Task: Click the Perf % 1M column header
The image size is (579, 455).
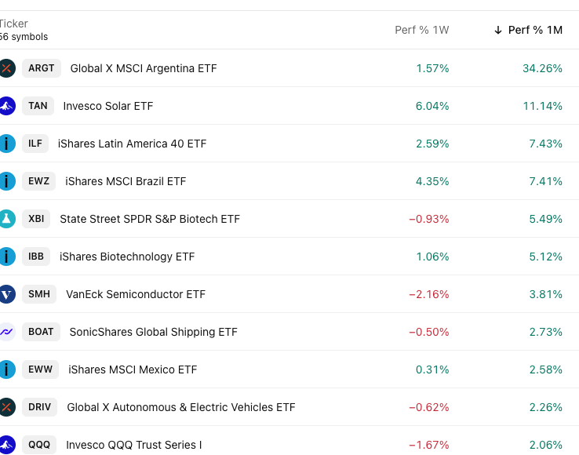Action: point(535,30)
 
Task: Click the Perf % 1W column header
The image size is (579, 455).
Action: point(421,30)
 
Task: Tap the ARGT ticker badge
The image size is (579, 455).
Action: point(42,68)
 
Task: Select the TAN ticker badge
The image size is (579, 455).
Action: point(38,106)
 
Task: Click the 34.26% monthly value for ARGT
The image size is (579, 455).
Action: point(542,68)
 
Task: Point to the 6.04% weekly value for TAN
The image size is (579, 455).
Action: point(432,106)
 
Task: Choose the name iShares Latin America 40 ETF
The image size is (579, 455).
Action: point(132,144)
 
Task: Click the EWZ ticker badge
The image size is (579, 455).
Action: point(38,181)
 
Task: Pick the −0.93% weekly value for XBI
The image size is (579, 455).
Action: point(428,219)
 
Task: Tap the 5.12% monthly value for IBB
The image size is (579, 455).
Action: point(545,257)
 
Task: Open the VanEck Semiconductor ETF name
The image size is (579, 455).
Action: point(136,294)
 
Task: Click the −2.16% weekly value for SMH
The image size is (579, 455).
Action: point(428,294)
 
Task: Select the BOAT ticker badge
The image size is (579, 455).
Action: point(41,332)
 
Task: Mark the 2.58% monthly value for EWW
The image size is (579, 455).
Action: point(545,369)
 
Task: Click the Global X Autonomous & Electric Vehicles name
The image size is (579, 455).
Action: point(181,407)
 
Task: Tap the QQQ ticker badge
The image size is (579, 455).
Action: point(39,445)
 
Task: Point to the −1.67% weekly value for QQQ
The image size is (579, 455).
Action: point(428,445)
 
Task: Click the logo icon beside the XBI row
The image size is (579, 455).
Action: point(6,219)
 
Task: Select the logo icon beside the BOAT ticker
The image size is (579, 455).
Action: point(6,332)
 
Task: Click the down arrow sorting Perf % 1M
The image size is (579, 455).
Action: point(497,30)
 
